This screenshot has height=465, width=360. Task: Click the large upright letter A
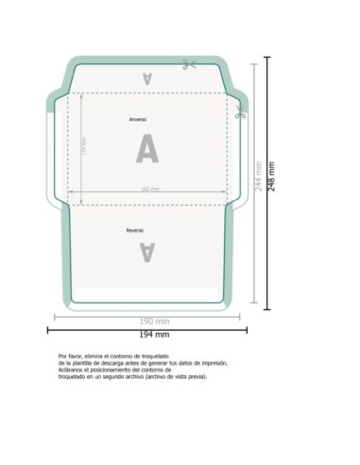(x=146, y=149)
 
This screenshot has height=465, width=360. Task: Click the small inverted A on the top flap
(x=146, y=77)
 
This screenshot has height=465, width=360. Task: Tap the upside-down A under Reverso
(x=146, y=250)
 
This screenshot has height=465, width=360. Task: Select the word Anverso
(x=138, y=121)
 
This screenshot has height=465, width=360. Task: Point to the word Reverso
(x=135, y=231)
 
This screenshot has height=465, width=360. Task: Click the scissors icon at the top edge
(x=190, y=64)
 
